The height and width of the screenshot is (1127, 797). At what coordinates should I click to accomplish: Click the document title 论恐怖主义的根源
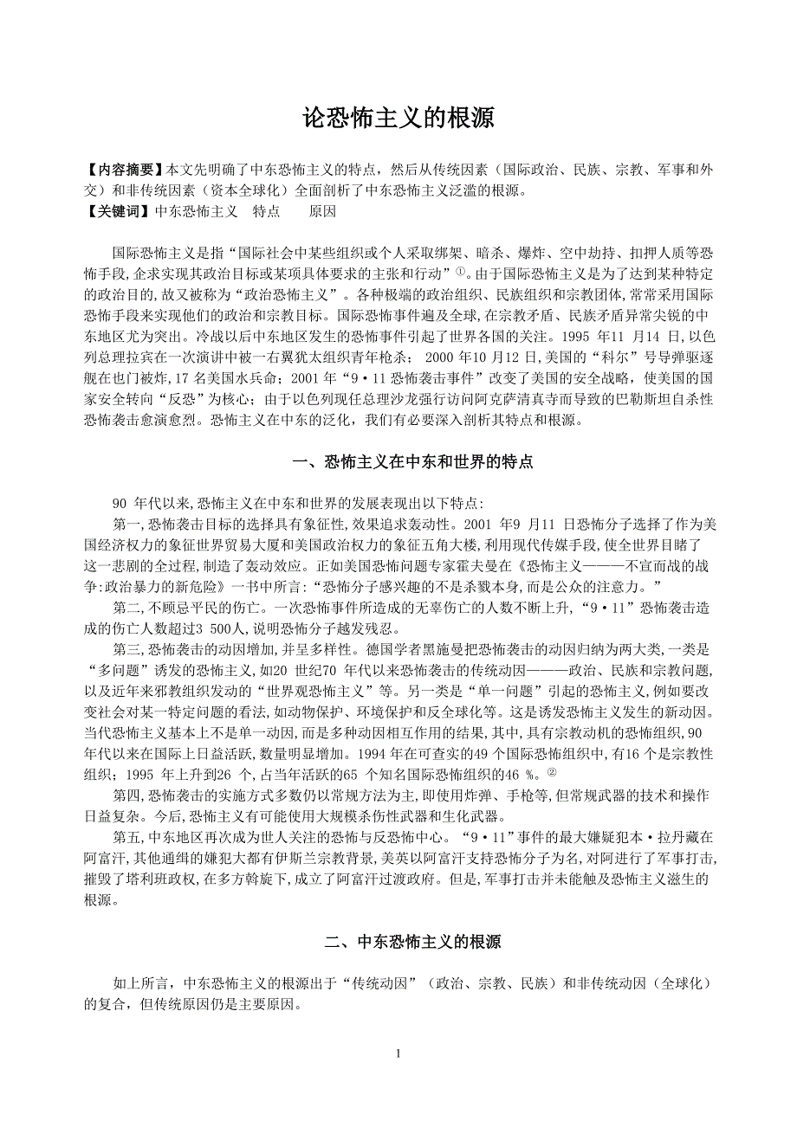click(x=398, y=119)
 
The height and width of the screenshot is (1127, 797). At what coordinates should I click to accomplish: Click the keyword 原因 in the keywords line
click(x=322, y=210)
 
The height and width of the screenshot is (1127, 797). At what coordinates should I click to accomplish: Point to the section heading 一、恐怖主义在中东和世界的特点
click(x=412, y=462)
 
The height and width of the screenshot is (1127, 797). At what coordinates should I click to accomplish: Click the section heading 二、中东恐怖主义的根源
click(x=412, y=942)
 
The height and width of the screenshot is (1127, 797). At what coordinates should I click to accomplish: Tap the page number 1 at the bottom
click(x=398, y=1053)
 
